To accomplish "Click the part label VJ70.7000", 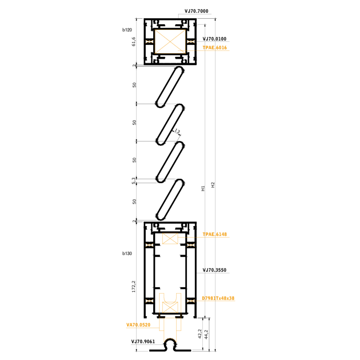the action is (196, 11).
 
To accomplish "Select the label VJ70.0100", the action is (214, 39).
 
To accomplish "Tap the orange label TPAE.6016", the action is (215, 48).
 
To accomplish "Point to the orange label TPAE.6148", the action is (215, 234).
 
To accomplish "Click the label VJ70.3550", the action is (214, 270).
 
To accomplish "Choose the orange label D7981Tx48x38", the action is (218, 298).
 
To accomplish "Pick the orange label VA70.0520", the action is (138, 325).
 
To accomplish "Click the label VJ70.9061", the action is (143, 342).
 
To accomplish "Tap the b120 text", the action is (127, 30).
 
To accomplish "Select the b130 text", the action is (127, 253).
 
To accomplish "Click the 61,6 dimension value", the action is (134, 42).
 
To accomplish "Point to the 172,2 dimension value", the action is (134, 287).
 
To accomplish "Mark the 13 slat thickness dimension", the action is (177, 131).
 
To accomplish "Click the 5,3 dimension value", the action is (134, 181).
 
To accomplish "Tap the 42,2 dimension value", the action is (200, 334).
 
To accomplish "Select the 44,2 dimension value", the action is (206, 335).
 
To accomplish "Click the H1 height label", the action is (203, 188).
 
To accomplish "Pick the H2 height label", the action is (213, 185).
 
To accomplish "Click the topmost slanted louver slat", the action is (170, 87).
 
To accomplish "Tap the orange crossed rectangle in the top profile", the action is (170, 42).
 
